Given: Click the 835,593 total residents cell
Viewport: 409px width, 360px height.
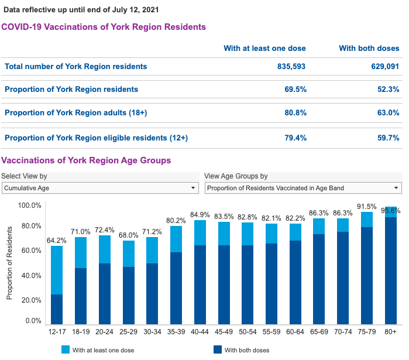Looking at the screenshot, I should (x=291, y=67).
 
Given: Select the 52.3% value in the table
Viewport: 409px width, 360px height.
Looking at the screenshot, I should (x=389, y=90).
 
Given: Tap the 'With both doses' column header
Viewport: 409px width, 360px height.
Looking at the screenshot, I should (x=369, y=49).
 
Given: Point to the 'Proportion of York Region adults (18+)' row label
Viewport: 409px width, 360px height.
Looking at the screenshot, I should (x=75, y=112).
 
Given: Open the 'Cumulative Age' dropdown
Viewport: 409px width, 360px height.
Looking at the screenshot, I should (x=99, y=188).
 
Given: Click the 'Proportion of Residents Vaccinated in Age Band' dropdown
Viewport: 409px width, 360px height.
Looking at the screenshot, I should (x=303, y=188).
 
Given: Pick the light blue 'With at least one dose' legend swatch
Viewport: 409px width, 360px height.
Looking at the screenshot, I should (x=66, y=349).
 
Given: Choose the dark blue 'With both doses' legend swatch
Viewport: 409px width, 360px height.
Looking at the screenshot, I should (x=217, y=349).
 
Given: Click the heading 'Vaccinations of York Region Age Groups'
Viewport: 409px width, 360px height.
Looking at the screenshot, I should (x=86, y=160).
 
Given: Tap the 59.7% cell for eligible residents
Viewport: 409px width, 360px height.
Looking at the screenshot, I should (x=389, y=138).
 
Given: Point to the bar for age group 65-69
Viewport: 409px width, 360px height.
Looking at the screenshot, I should (x=336, y=272).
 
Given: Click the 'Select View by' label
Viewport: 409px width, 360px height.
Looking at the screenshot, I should (x=24, y=176).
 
